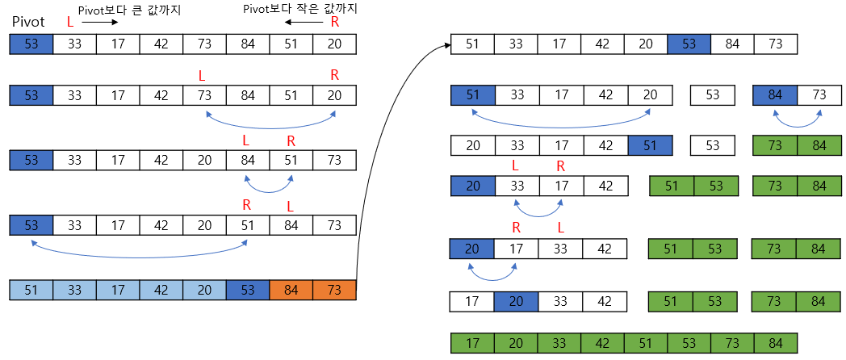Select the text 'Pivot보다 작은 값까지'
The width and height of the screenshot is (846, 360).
(x=299, y=9)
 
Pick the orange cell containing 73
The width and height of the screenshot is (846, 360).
(x=334, y=290)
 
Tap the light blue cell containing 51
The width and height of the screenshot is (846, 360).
(x=31, y=290)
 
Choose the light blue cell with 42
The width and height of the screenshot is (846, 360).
(x=161, y=290)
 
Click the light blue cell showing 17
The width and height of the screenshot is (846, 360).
(x=118, y=290)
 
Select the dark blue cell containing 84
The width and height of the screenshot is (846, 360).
(x=775, y=95)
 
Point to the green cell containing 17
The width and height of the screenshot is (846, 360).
(x=472, y=343)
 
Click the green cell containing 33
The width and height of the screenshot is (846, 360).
(x=559, y=343)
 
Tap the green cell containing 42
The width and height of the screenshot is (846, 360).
(x=602, y=343)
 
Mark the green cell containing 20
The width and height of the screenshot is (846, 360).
(x=516, y=343)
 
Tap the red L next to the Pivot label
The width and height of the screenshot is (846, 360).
(x=70, y=23)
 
